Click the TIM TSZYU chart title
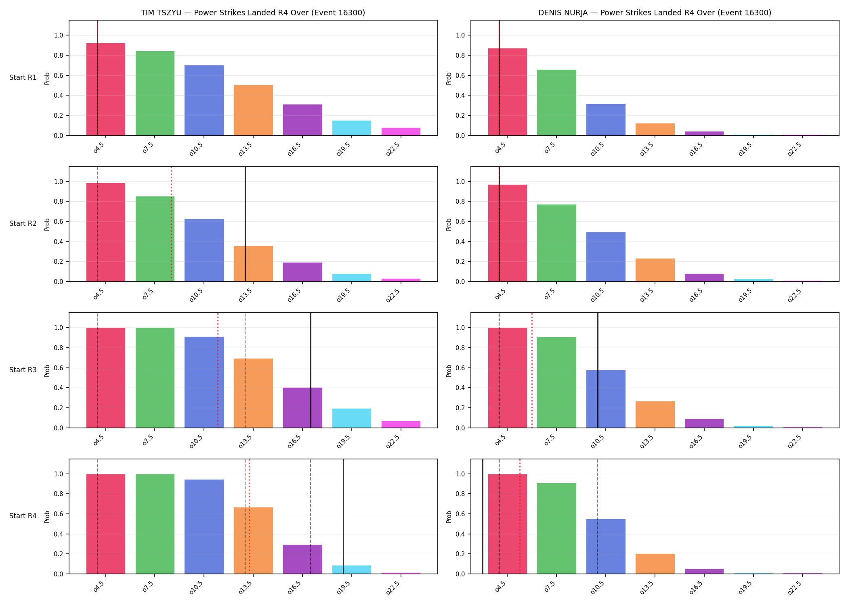(x=253, y=13)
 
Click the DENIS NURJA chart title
(x=655, y=13)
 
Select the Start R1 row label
(x=23, y=77)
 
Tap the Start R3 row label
(x=23, y=370)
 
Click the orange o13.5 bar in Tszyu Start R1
(x=253, y=110)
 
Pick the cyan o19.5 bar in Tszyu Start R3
(x=352, y=418)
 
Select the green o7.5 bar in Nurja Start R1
(x=556, y=102)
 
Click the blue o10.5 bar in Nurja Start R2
(x=606, y=257)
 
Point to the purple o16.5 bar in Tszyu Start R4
(x=302, y=559)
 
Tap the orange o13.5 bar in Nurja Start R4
(x=655, y=564)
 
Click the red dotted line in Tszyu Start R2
(x=171, y=224)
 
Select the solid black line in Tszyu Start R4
(x=343, y=517)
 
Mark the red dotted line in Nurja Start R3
(x=532, y=370)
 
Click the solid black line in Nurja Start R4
(x=483, y=517)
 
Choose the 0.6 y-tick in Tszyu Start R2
(x=59, y=221)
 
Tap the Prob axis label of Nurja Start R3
(x=449, y=371)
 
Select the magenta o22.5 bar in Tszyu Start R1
(x=401, y=131)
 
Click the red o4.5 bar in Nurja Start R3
(x=508, y=378)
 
